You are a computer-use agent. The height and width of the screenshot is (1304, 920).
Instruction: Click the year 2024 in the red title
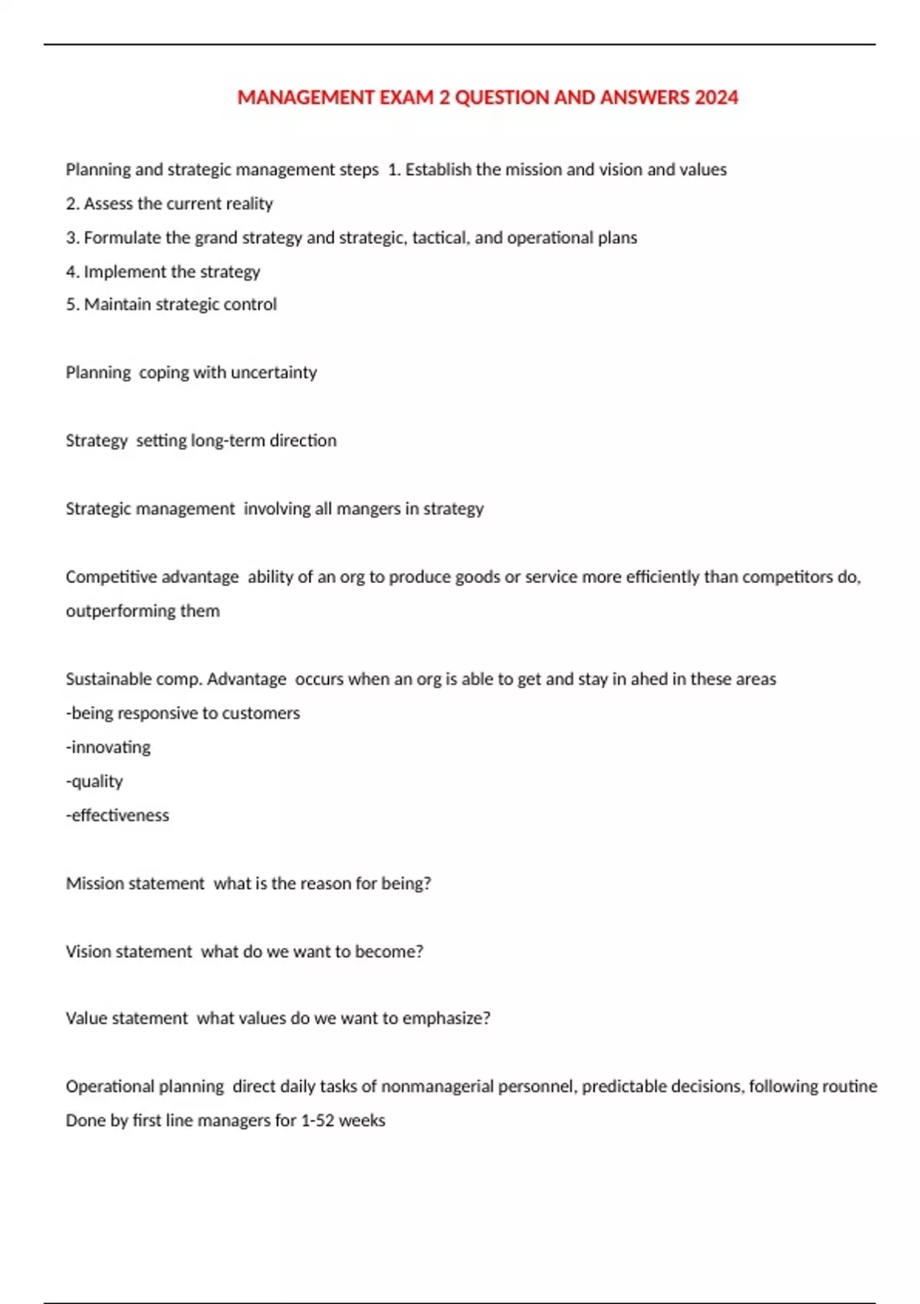coord(716,97)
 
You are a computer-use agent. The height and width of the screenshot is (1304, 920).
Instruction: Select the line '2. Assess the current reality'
coord(169,204)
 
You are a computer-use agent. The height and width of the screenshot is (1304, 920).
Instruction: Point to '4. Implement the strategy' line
coord(163,272)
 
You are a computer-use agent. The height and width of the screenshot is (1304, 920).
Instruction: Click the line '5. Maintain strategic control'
coord(171,305)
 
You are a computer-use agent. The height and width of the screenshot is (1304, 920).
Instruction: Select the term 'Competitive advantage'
coord(152,577)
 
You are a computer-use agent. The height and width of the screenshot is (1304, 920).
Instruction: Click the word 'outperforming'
coord(120,611)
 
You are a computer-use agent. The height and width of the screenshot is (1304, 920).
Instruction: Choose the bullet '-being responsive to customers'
coord(182,713)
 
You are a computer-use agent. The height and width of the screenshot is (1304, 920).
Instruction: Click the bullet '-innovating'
coord(108,747)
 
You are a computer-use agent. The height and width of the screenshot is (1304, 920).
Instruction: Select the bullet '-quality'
coord(94,782)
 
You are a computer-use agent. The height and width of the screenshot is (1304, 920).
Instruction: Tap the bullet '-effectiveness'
coord(117,815)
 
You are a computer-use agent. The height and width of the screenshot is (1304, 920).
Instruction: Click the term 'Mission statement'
coord(135,884)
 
